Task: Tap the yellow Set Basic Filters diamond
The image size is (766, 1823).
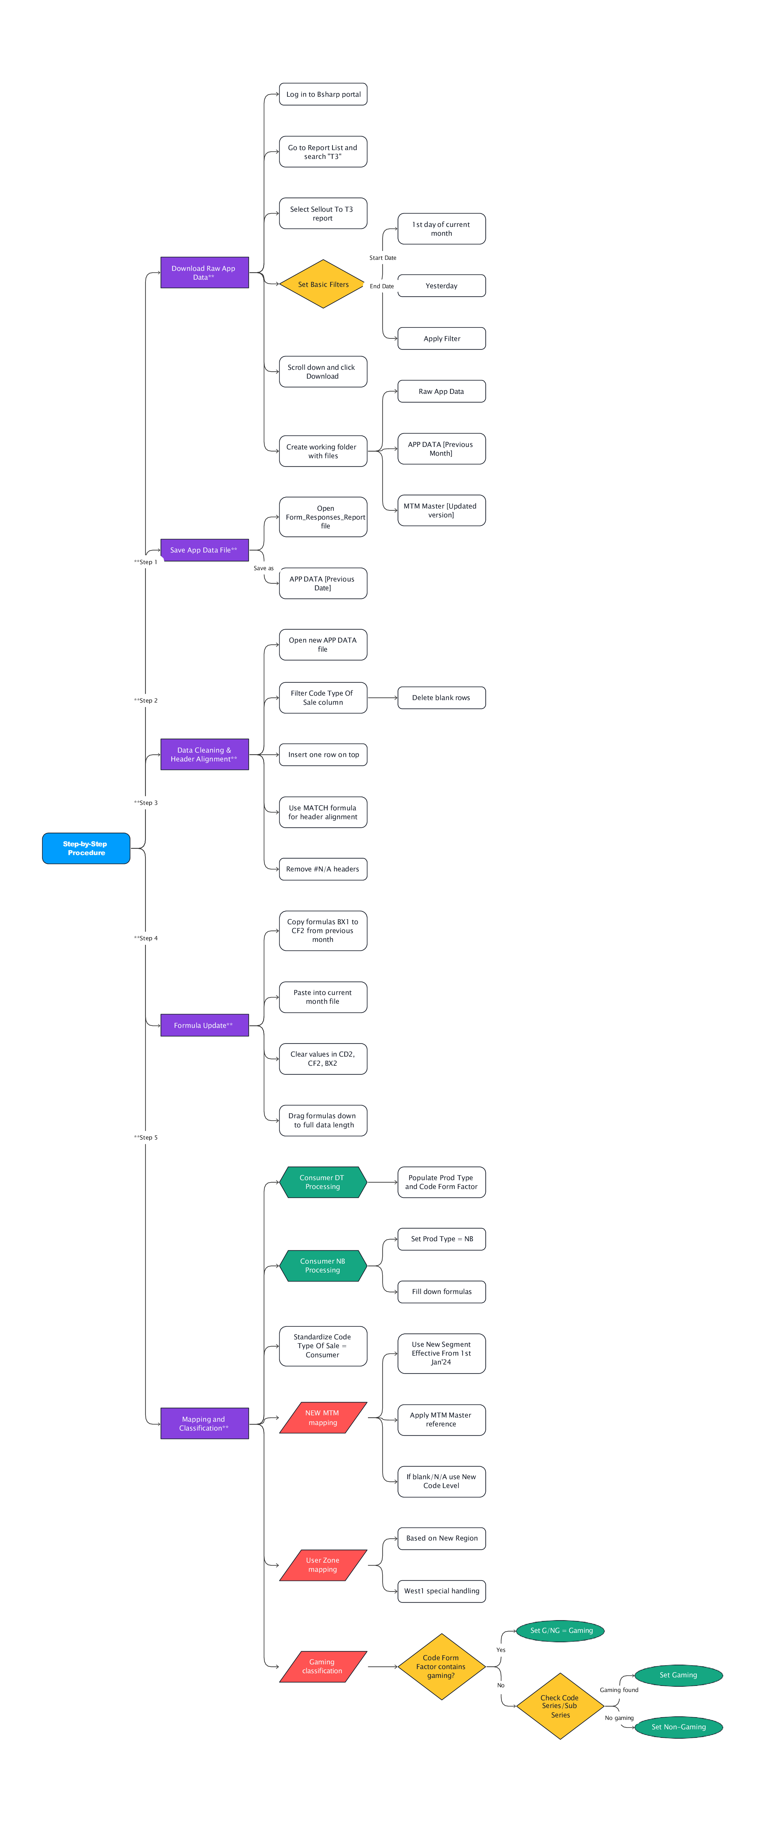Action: pyautogui.click(x=323, y=284)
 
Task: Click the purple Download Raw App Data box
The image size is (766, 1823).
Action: pyautogui.click(x=204, y=273)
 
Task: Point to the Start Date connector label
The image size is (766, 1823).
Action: pyautogui.click(x=383, y=258)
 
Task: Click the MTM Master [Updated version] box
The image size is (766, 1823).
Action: pyautogui.click(x=441, y=510)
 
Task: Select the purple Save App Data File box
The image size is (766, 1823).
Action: pyautogui.click(x=204, y=550)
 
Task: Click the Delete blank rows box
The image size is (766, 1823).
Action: pyautogui.click(x=441, y=698)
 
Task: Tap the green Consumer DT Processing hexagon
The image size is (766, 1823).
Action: pyautogui.click(x=323, y=1182)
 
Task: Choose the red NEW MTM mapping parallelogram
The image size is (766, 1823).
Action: pyautogui.click(x=323, y=1418)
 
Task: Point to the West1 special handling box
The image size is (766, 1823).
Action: pyautogui.click(x=441, y=1591)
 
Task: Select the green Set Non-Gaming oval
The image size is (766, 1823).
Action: pyautogui.click(x=678, y=1727)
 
